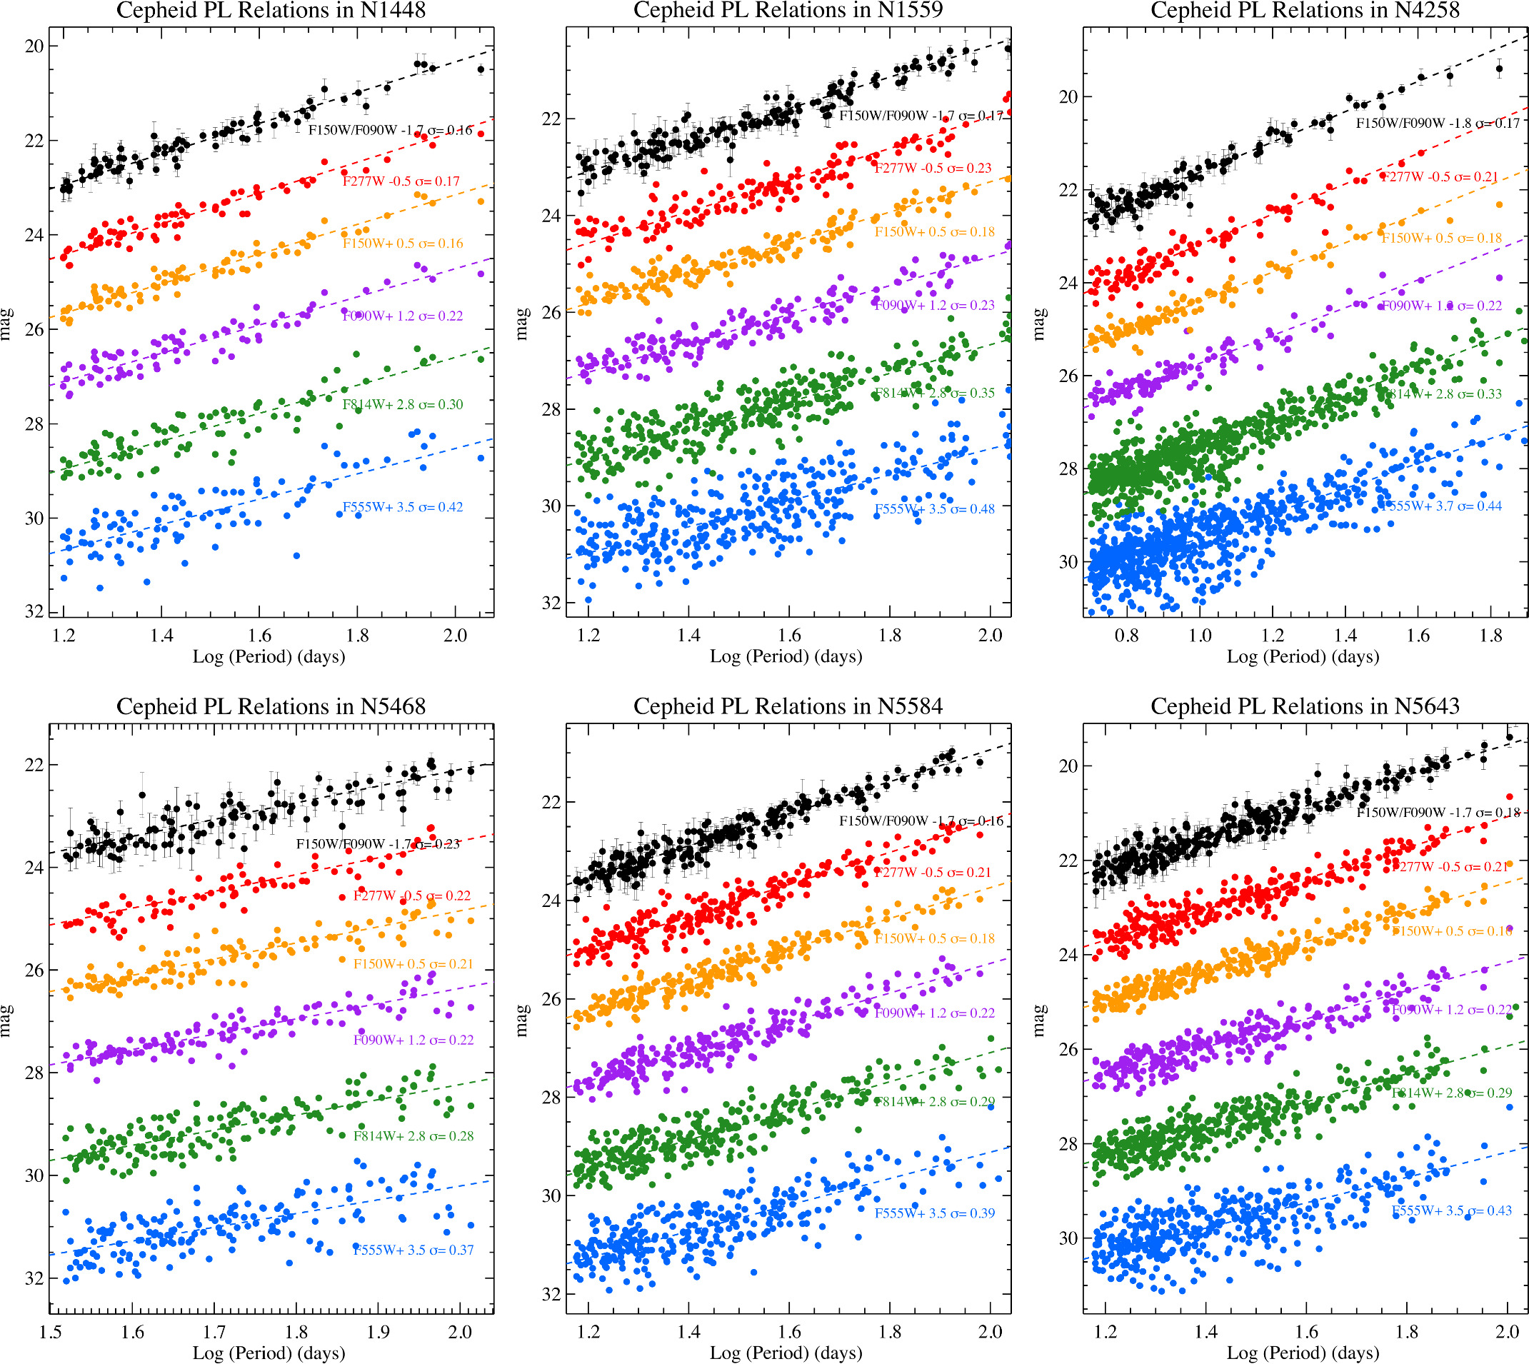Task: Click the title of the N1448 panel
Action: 271,11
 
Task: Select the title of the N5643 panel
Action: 1305,706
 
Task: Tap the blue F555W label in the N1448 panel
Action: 403,507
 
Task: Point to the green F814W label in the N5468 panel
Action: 413,1136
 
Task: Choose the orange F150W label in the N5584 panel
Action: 934,938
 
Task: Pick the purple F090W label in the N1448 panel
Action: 403,316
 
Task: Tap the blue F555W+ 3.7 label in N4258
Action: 1440,506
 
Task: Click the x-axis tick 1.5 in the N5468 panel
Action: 50,1332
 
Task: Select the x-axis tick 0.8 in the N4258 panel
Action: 1126,636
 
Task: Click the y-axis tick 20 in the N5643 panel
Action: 1068,766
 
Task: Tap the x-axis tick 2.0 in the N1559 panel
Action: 990,636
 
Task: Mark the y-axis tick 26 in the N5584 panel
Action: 551,999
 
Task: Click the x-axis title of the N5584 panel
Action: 786,1353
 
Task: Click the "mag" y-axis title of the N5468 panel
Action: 6,1021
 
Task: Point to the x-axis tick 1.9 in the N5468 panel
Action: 379,1332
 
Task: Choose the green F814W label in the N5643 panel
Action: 1451,1093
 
